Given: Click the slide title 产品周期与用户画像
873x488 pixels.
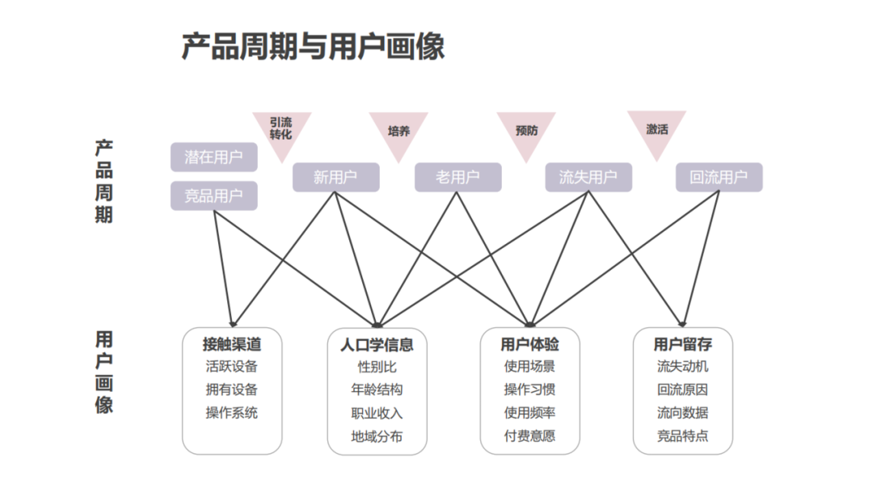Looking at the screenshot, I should (x=312, y=47).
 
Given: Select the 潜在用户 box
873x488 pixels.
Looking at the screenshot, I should (x=213, y=158).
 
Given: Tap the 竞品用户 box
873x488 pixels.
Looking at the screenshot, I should (x=213, y=196).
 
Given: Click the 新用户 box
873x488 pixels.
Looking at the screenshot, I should (x=335, y=178).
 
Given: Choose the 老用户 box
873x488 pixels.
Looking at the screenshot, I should (x=458, y=178).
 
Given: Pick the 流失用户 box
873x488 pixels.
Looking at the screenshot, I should (x=588, y=178).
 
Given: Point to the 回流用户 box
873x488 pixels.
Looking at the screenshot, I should (x=719, y=178).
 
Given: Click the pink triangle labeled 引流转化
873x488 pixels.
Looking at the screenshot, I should (x=281, y=129).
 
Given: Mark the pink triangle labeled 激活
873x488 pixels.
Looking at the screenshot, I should (x=657, y=129).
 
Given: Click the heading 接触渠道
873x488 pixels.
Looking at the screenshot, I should (x=232, y=344).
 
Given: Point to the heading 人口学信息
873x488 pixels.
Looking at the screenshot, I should (x=377, y=344).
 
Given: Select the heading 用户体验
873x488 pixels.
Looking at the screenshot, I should (x=529, y=344).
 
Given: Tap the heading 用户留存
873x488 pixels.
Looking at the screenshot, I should (x=682, y=344).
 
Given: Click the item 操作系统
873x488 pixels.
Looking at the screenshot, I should (x=232, y=412).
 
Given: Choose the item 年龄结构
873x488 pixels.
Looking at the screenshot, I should (x=377, y=389).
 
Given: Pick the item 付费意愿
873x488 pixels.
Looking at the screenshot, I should (x=529, y=436).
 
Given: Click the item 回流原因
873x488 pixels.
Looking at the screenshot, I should (x=682, y=389).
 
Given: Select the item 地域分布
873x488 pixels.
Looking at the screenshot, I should (x=377, y=436).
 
